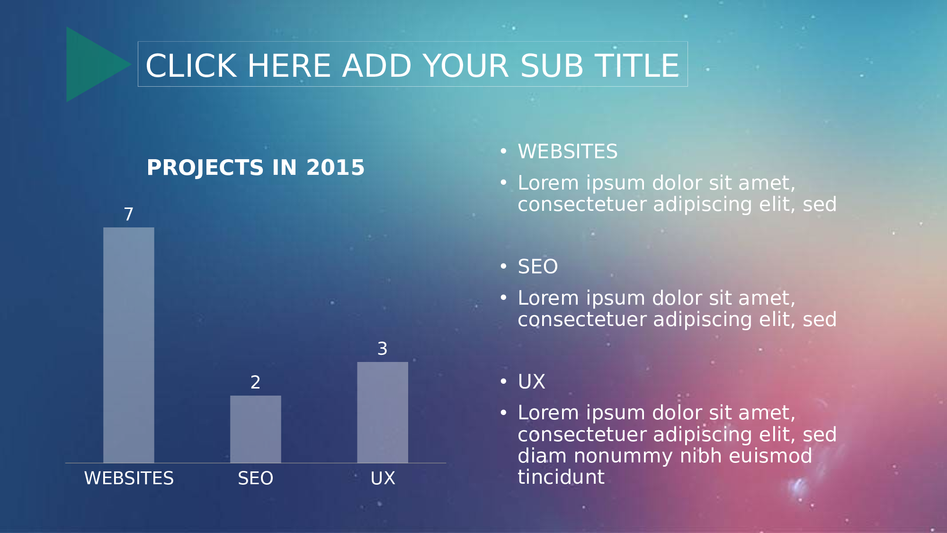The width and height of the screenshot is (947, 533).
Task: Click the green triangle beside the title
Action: [x=92, y=64]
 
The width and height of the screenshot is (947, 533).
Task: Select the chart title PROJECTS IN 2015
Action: [x=256, y=168]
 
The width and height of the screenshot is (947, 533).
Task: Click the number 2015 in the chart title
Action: [x=335, y=168]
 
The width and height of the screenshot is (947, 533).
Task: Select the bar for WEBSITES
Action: [x=129, y=345]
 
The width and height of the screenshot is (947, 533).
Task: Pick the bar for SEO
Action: [x=256, y=429]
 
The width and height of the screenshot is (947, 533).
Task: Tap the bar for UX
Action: [x=383, y=412]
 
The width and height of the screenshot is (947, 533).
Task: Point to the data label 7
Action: [x=129, y=214]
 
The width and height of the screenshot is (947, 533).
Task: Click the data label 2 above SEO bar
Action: [x=256, y=382]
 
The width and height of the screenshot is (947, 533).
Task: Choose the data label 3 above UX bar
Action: [x=383, y=349]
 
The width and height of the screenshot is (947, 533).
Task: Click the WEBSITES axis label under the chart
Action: [x=129, y=478]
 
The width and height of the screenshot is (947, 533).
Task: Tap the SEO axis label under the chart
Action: [x=256, y=478]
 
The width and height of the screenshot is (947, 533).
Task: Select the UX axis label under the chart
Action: [x=383, y=478]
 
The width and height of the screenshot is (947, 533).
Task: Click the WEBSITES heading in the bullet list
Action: [x=568, y=152]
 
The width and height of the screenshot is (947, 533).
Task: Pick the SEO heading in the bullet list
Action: [x=538, y=267]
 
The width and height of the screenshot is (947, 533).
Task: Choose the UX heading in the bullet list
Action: [x=531, y=382]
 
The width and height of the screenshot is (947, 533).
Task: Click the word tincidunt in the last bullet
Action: [x=561, y=477]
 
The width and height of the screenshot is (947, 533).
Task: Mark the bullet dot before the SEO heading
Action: [x=503, y=267]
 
